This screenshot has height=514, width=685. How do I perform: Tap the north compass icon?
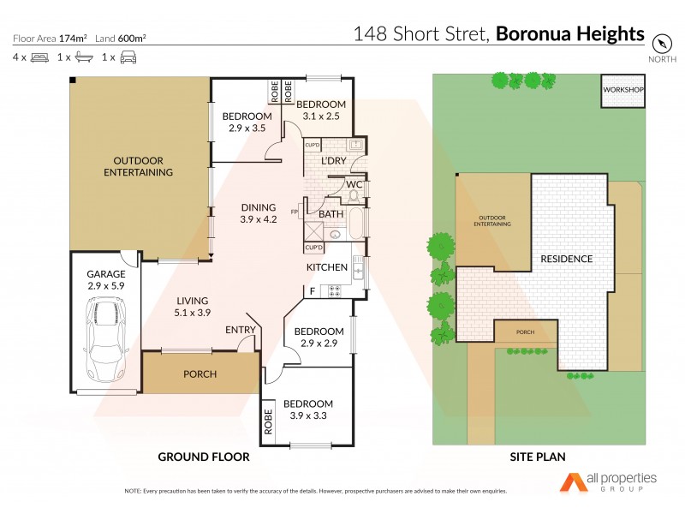coord(661,43)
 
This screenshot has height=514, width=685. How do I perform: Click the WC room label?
coord(352,184)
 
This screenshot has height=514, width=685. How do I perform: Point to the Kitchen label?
coord(327,267)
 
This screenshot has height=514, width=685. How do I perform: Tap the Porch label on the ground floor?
coord(200,374)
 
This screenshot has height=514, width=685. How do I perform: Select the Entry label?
coord(239,330)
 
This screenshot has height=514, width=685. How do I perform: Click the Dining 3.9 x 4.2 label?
coord(259,213)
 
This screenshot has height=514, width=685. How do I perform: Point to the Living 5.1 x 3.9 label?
coord(194,307)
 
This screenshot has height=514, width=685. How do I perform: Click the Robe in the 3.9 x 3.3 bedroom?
coord(268,421)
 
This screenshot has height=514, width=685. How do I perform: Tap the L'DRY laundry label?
coord(333,161)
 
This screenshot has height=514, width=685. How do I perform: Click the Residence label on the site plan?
coord(566,259)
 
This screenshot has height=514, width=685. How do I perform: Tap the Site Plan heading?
coord(537,457)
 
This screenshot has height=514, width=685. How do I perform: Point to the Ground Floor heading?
coord(204,457)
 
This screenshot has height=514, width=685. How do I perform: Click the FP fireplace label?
coord(294,212)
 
